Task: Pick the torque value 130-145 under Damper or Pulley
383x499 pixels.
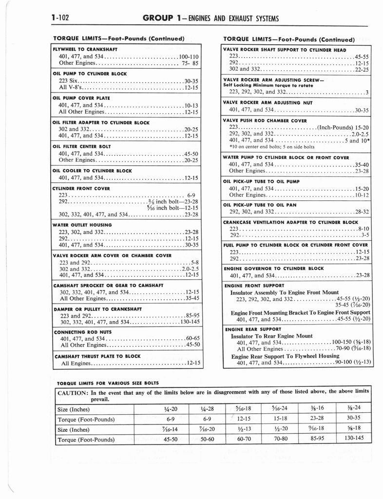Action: pos(190,322)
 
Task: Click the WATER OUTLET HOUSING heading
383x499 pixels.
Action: pos(82,225)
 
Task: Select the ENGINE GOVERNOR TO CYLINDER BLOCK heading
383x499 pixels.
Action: pos(273,269)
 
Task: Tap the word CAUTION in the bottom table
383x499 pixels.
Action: pos(73,392)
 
